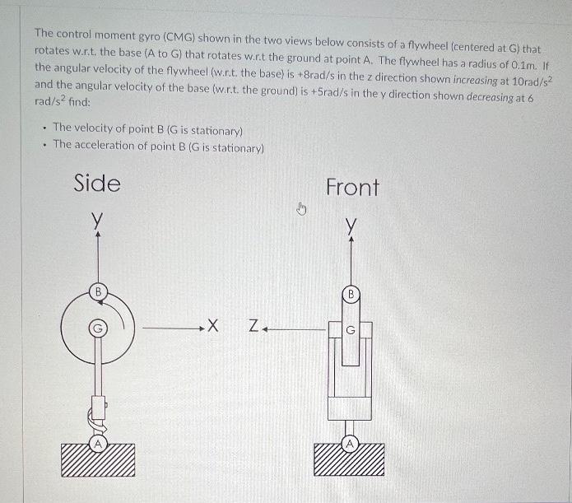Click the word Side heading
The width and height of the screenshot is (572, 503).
tap(96, 183)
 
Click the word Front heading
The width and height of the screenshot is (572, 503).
tap(352, 187)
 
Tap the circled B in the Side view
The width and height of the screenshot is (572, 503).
tap(98, 291)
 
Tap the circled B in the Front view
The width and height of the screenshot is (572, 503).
tap(351, 293)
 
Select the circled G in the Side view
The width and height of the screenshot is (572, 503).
tap(98, 328)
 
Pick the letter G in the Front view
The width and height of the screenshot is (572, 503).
tap(351, 331)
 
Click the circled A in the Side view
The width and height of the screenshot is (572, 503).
tap(97, 444)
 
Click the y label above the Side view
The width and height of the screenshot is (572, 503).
tap(98, 220)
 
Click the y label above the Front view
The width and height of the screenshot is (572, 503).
tap(351, 224)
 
